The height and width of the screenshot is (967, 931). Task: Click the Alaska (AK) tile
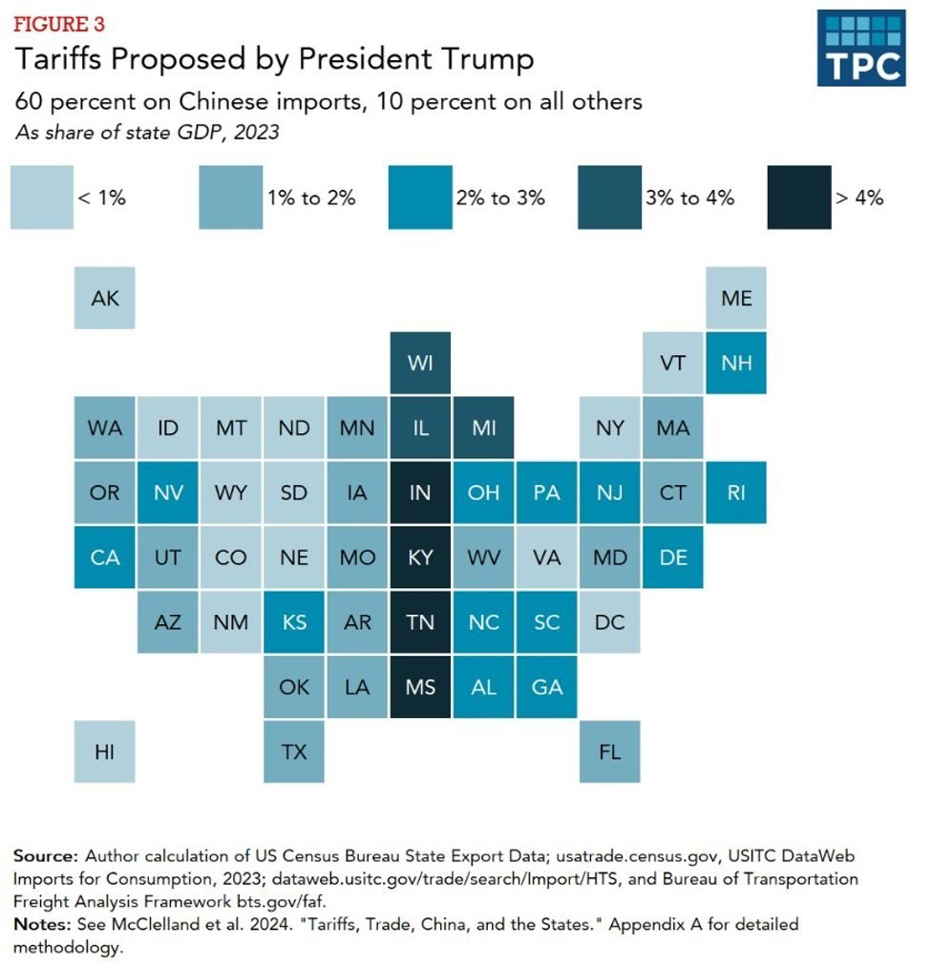(105, 298)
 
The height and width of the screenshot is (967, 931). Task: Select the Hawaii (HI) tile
(105, 751)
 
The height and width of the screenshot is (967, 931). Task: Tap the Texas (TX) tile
(294, 751)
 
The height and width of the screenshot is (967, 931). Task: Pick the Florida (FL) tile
(609, 751)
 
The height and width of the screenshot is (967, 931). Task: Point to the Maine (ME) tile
(736, 298)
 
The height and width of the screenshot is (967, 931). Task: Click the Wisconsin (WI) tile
(420, 363)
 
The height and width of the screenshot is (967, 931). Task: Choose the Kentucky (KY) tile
(420, 557)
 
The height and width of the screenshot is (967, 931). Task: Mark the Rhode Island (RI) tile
(736, 493)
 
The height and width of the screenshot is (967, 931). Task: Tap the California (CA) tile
(105, 557)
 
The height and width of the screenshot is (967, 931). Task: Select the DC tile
(609, 622)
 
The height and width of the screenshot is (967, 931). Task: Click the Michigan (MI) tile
(483, 428)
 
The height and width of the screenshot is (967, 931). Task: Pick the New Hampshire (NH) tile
(736, 363)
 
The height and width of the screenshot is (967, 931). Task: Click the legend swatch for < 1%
(42, 198)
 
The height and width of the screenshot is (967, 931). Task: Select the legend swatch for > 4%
(799, 198)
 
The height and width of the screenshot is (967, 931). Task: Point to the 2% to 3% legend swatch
(420, 198)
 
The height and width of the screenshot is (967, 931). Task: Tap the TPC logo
(861, 48)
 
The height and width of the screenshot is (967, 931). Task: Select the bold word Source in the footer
(43, 854)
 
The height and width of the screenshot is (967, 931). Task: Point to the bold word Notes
(39, 924)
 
